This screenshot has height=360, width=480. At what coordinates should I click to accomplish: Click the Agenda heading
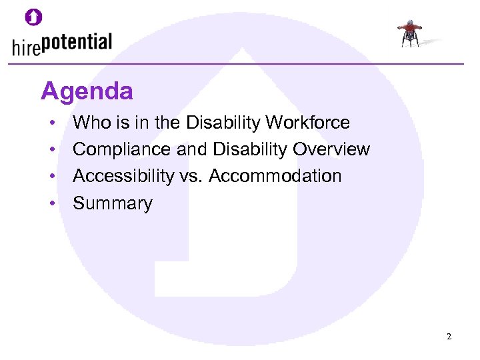[87, 91]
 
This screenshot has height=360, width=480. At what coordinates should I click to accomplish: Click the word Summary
[113, 203]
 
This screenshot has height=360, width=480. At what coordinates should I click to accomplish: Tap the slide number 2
[449, 337]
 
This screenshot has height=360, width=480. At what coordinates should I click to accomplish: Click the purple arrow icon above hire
[33, 18]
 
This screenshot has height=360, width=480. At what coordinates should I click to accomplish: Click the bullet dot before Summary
[51, 203]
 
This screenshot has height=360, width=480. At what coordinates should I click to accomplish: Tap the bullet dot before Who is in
[51, 123]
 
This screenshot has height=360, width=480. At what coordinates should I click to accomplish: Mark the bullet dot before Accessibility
[51, 177]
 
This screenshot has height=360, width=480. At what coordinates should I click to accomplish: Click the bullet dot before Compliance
[51, 150]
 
